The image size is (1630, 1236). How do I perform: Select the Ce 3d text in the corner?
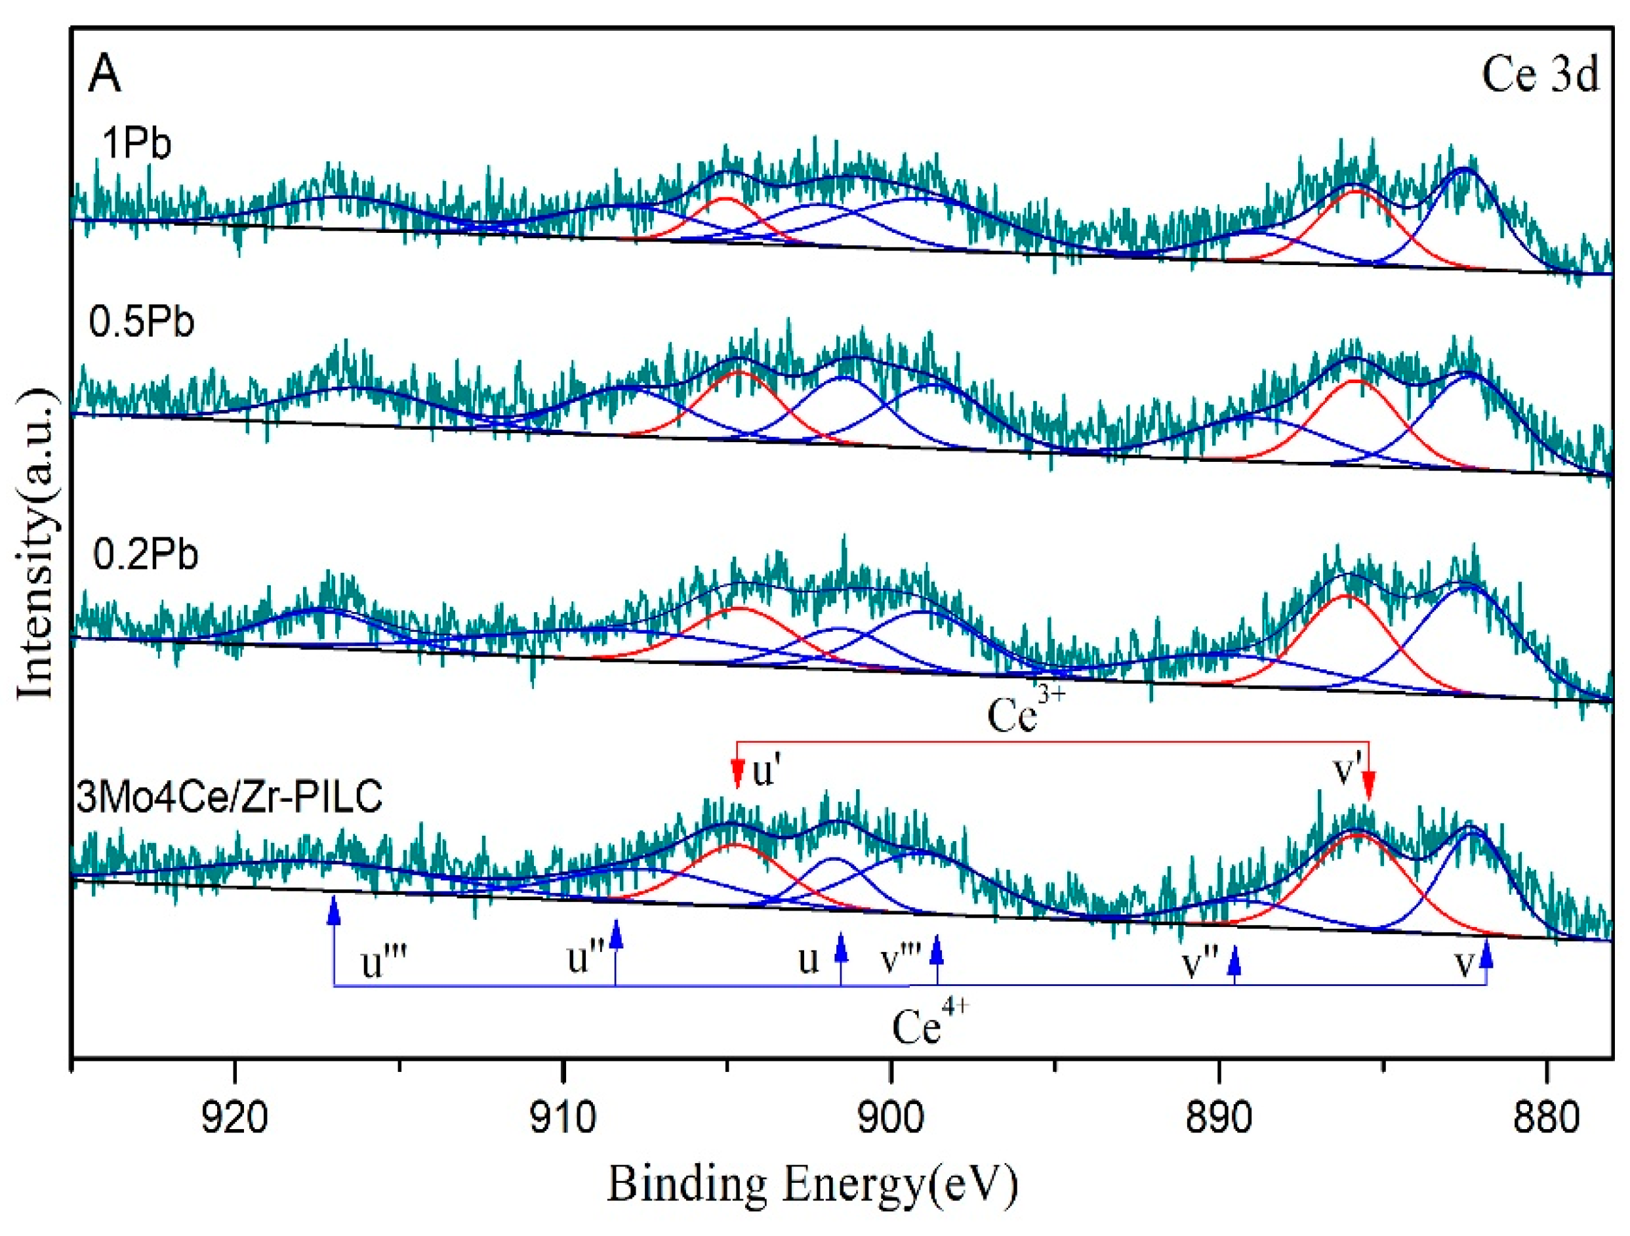[1540, 75]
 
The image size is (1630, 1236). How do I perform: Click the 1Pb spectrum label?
[136, 142]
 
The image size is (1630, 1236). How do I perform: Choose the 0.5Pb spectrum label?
[142, 322]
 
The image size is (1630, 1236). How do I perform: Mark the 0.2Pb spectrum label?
[146, 554]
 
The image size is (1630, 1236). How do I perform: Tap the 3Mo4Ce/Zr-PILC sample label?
[229, 796]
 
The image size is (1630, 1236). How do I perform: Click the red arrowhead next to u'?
[737, 775]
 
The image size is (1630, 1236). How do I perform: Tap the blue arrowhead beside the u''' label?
[334, 911]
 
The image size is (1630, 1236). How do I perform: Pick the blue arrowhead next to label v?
[1486, 955]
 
